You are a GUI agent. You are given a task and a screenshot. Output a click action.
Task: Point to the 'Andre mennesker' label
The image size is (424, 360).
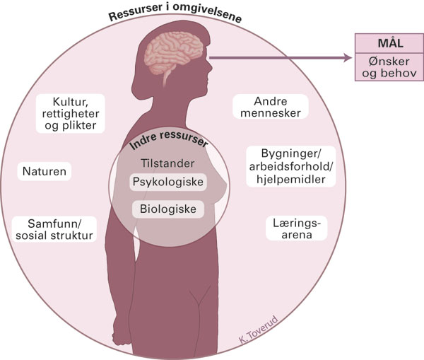tap(271, 107)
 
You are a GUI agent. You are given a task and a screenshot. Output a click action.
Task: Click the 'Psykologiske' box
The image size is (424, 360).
tap(168, 182)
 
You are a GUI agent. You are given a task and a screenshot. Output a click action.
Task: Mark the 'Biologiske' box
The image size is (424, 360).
tap(168, 209)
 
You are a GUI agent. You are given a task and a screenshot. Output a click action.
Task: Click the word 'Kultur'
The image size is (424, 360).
tap(71, 102)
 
